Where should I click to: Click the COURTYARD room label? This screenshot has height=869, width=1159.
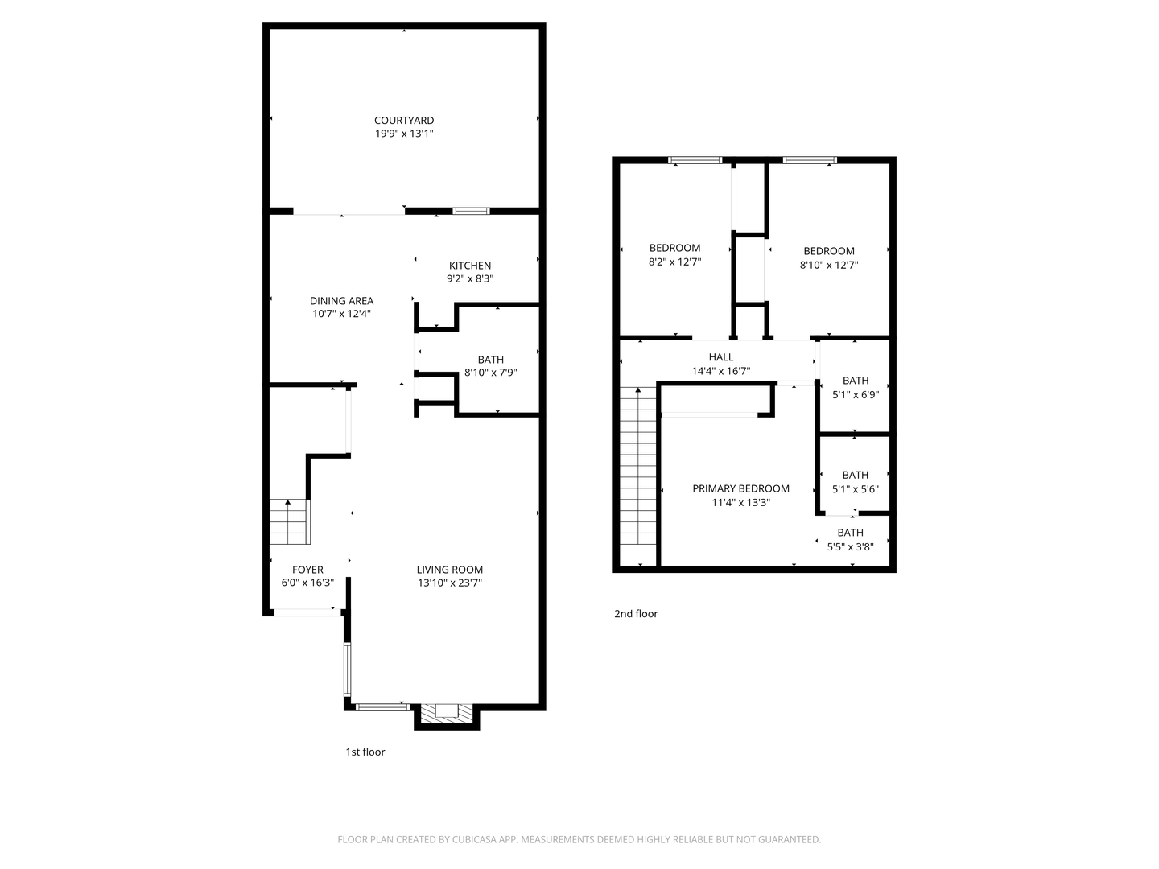point(404,121)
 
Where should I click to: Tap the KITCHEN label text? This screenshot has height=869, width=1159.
point(470,266)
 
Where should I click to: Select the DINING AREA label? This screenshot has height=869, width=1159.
point(341,301)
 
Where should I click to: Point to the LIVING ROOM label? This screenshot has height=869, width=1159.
point(449,570)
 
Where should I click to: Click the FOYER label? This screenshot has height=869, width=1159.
point(307,570)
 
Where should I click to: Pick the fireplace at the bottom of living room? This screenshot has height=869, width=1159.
point(446,713)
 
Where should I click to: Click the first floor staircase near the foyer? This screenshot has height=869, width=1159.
point(288,521)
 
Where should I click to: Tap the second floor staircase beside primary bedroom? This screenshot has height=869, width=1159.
point(639,475)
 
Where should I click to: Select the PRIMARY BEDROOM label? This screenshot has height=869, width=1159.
point(740,488)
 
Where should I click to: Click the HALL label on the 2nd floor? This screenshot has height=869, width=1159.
point(721,357)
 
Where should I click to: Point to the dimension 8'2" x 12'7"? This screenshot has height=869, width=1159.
point(674,262)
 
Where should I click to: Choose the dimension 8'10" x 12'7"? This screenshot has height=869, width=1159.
point(829,265)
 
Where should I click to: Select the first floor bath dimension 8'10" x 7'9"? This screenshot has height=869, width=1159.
point(490,373)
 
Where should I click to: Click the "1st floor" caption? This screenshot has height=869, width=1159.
point(365,752)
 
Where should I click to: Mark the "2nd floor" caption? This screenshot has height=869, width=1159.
point(636,614)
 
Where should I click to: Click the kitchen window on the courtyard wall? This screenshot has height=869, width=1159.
point(471,211)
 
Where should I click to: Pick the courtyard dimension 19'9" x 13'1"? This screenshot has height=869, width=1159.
point(404,134)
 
